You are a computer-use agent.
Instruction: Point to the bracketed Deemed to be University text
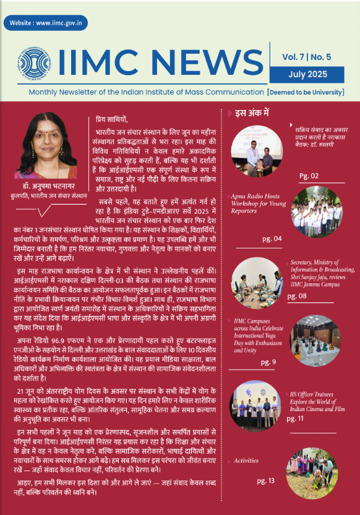pyautogui.click(x=305, y=92)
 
